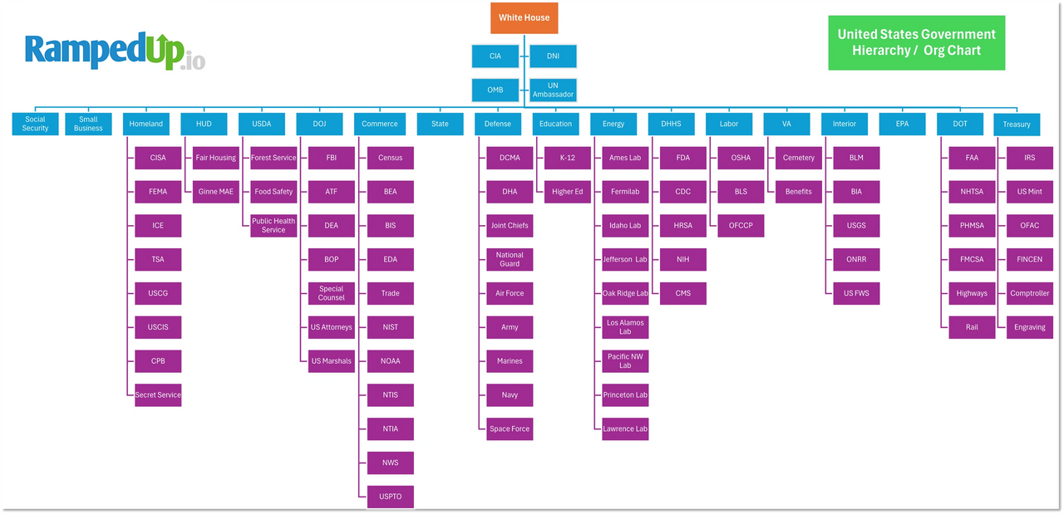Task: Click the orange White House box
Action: [524, 17]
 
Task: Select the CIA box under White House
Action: [495, 56]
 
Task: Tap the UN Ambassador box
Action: [553, 90]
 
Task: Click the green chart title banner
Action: [916, 42]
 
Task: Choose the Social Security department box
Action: [35, 124]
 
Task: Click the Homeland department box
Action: [146, 124]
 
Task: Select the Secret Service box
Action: [158, 394]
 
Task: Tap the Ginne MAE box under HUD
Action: [215, 192]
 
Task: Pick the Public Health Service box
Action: [273, 226]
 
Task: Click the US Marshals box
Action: [331, 361]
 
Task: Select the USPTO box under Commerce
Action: [390, 497]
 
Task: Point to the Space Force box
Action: [510, 428]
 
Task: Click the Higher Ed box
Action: [567, 192]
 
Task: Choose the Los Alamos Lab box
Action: [625, 327]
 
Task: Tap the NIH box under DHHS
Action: [682, 259]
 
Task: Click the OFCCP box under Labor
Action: [741, 226]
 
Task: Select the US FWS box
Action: [856, 293]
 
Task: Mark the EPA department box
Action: [902, 124]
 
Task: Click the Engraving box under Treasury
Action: [1029, 327]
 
